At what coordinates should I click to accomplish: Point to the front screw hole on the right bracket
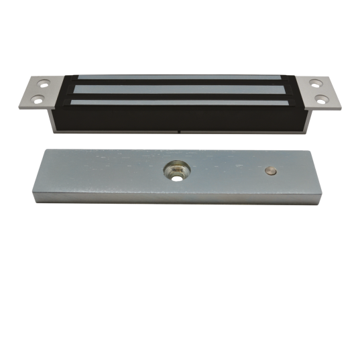point(324,99)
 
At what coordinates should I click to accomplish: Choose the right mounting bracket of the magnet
point(321,93)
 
